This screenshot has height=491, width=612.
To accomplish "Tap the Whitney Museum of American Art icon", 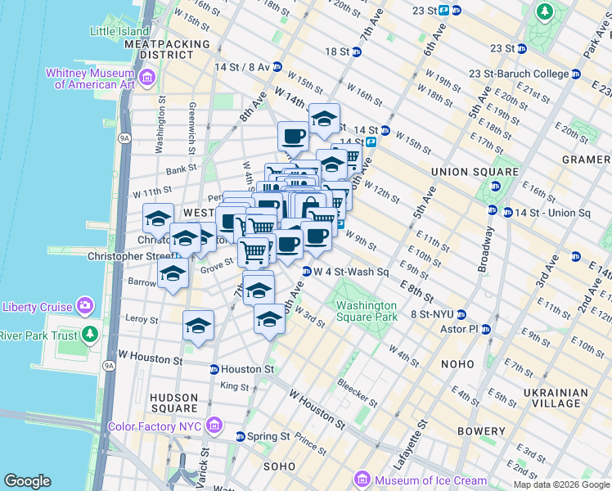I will click(148, 79).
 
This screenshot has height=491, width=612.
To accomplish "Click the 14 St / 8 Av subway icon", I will click(277, 66).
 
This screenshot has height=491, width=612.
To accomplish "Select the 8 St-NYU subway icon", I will click(461, 314).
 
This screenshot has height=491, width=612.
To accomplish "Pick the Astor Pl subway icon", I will click(485, 330).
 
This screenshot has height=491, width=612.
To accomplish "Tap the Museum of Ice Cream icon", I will click(362, 480).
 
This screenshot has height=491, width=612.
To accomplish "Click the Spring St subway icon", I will click(241, 436).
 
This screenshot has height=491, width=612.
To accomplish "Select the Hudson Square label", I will click(173, 403).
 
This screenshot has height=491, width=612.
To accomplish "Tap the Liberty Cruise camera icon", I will click(86, 307).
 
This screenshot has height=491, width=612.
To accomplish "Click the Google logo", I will click(28, 480).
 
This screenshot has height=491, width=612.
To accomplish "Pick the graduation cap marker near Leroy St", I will click(198, 326).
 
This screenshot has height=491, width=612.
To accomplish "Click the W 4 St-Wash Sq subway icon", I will click(307, 271).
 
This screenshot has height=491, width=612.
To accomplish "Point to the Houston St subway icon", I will click(214, 369).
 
